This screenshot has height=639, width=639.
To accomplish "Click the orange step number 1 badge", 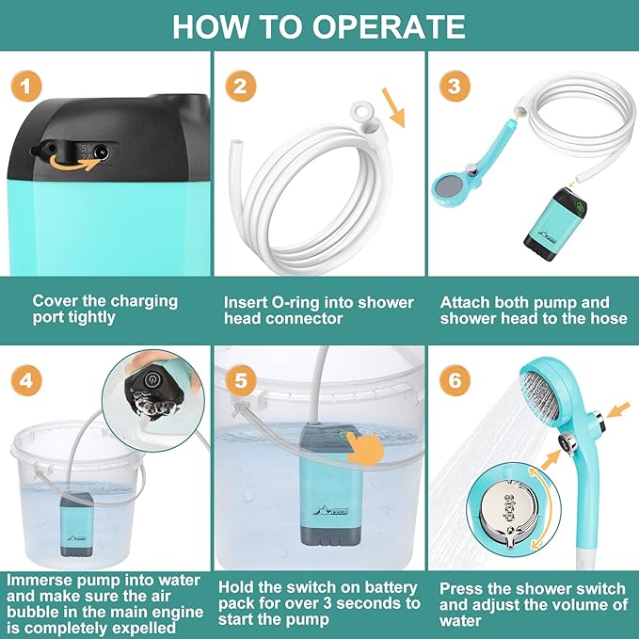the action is click(x=26, y=86).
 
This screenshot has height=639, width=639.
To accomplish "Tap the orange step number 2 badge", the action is click(x=240, y=86).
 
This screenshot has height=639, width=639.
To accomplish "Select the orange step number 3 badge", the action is click(x=455, y=86).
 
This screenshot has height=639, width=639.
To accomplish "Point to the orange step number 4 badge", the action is click(x=26, y=380).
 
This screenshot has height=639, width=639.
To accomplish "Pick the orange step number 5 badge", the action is click(x=240, y=380).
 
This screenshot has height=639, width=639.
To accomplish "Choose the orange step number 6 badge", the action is click(x=455, y=380).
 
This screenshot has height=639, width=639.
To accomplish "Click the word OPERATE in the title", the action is click(x=389, y=27).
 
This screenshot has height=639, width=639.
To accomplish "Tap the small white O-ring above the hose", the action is click(x=362, y=111).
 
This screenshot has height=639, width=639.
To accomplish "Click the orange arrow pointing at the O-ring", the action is click(x=393, y=107).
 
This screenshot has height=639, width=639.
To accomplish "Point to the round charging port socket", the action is click(x=101, y=152).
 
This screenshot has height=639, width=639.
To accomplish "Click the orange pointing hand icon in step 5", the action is click(x=365, y=450).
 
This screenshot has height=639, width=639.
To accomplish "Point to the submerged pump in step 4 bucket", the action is click(x=76, y=524).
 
